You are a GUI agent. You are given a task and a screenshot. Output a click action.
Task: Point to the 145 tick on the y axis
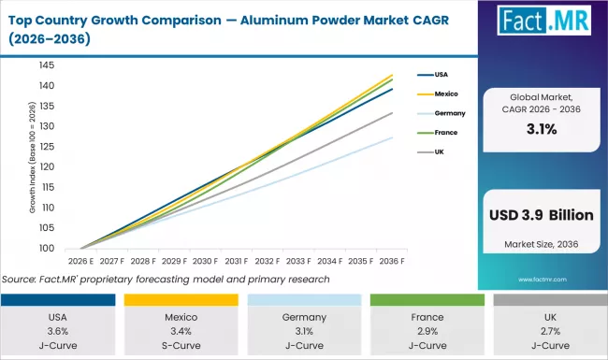(x=72, y=65)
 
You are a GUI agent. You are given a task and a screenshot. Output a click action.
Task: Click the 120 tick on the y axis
(x=72, y=167)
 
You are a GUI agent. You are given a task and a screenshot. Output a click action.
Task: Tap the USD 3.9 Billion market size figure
(x=542, y=215)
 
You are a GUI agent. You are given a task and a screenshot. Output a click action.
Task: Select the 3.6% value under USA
(x=60, y=331)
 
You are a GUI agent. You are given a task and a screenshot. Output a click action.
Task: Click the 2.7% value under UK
(x=548, y=331)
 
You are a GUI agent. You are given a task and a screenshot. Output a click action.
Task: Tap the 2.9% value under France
(x=426, y=331)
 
